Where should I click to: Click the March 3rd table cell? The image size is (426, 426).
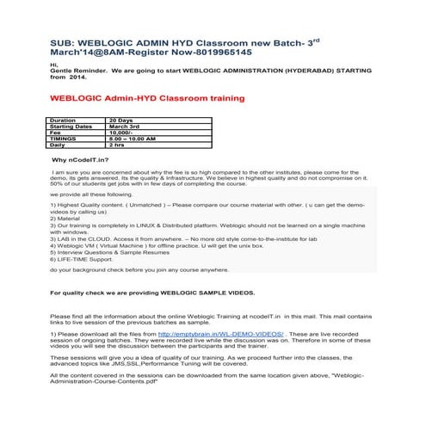pos(126,127)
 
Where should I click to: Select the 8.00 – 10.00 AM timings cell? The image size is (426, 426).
pos(132,139)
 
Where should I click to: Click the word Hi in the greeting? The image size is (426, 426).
pos(54,65)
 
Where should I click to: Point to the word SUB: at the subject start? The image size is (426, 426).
pos(62,41)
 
